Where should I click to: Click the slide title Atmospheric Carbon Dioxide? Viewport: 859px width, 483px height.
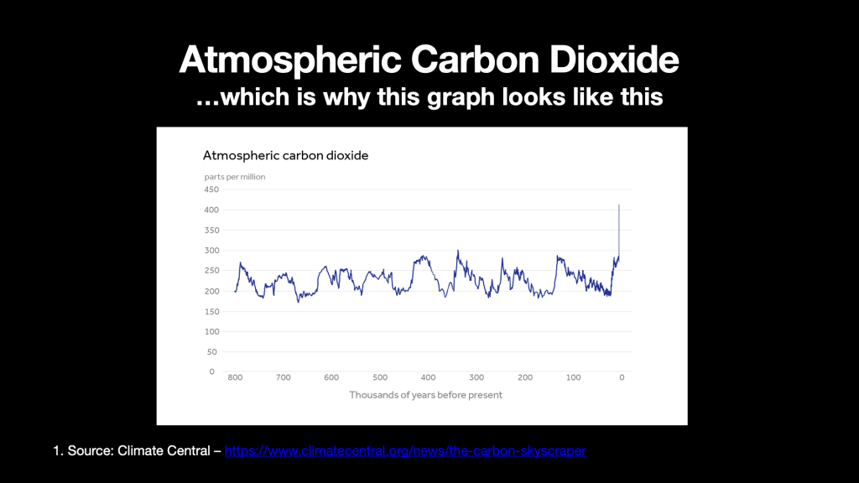tap(429, 60)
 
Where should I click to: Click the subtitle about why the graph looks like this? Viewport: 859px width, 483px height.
tap(429, 97)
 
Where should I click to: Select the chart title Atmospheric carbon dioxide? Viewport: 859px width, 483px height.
tap(285, 155)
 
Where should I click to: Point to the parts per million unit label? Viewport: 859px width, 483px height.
tap(235, 177)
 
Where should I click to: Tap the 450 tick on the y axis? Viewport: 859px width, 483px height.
tap(211, 190)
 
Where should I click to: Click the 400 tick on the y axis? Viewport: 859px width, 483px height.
tap(211, 210)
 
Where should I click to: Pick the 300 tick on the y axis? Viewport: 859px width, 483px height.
tap(211, 251)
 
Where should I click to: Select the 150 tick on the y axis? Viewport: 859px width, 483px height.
tap(211, 311)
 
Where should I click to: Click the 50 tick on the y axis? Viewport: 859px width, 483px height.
tap(212, 352)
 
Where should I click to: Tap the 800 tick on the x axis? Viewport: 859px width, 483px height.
tap(235, 377)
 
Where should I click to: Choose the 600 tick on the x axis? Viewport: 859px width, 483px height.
tap(331, 377)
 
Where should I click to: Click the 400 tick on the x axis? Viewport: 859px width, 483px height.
tap(429, 377)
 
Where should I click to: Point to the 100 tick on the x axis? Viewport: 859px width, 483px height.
tap(574, 377)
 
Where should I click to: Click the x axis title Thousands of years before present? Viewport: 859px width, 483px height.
tap(425, 395)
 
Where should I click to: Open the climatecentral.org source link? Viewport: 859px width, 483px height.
tap(405, 452)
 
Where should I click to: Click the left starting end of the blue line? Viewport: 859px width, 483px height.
tap(235, 291)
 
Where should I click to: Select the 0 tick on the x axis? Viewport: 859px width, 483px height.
tap(622, 377)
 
